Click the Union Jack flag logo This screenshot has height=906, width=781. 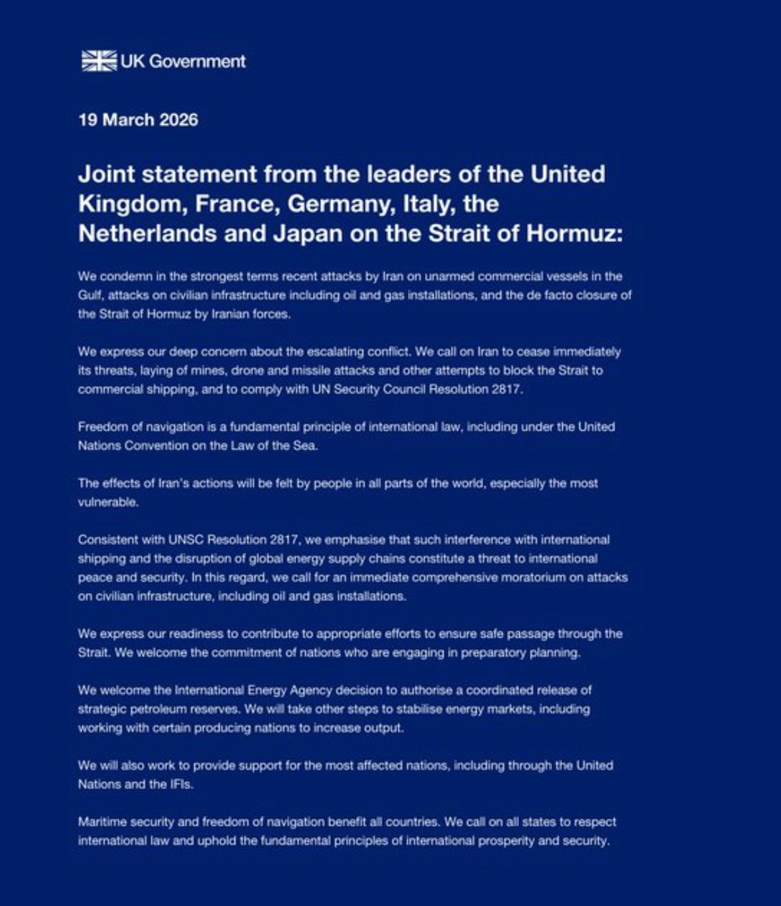(x=98, y=61)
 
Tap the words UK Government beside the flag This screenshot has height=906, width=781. (x=183, y=61)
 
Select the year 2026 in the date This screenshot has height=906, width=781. (x=177, y=120)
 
